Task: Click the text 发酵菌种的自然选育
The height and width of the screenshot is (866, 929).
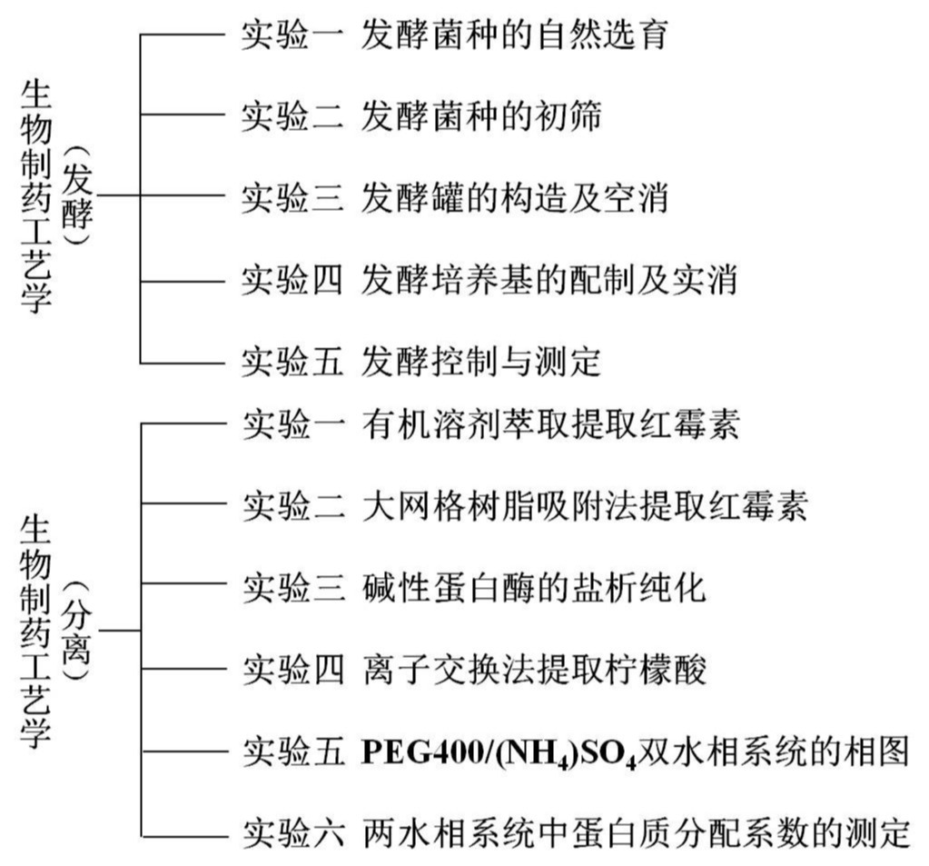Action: [x=514, y=35]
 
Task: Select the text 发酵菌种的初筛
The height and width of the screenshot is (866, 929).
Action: [x=480, y=116]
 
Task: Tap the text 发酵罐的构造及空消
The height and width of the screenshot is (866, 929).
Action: [x=514, y=197]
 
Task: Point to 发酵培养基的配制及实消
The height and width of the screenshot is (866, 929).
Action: [x=548, y=279]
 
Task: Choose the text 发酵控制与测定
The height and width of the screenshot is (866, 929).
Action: [x=480, y=362]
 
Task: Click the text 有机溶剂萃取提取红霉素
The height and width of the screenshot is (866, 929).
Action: [x=549, y=424]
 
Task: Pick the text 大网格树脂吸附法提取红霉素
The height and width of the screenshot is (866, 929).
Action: [x=583, y=506]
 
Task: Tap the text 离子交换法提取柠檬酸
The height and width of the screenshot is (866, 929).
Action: [x=532, y=671]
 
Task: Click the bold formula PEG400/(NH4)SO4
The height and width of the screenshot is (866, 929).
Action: [x=499, y=753]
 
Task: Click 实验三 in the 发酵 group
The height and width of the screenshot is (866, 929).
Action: [x=292, y=197]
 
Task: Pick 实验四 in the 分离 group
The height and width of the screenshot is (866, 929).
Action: [x=292, y=671]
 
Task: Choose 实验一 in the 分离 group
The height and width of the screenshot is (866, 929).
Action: [x=292, y=424]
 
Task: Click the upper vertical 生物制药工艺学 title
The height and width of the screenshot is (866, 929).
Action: [x=35, y=196]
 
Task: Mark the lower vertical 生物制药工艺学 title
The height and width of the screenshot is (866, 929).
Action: [x=35, y=630]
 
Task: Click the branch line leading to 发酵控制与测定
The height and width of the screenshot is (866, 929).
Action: [x=182, y=363]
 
